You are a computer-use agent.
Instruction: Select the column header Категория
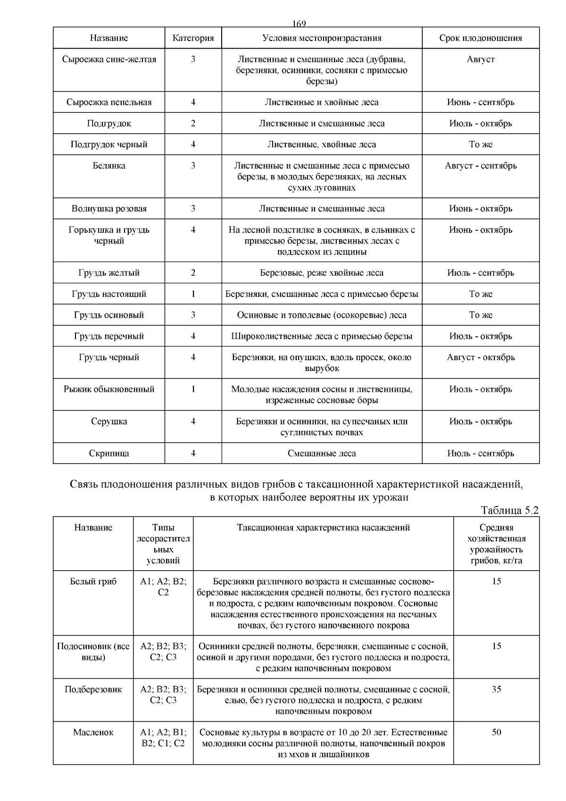(x=193, y=38)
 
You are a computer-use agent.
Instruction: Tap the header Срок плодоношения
(x=481, y=38)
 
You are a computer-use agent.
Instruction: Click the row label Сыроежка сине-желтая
(x=109, y=59)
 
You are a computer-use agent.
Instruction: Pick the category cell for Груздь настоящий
(x=193, y=294)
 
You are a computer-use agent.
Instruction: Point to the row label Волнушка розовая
(x=109, y=209)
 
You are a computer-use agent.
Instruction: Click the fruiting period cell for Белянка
(x=481, y=166)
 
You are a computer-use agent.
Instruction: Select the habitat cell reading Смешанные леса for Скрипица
(x=322, y=454)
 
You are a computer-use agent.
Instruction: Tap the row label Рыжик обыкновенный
(x=109, y=389)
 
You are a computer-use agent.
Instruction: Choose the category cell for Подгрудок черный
(x=193, y=144)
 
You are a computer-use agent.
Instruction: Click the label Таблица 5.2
(x=509, y=510)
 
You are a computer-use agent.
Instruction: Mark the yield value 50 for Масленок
(x=496, y=732)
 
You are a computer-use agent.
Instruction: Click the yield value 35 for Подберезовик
(x=496, y=689)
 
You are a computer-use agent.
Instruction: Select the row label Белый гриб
(x=93, y=582)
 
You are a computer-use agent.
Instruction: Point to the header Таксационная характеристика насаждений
(x=323, y=528)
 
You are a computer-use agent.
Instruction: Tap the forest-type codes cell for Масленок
(x=163, y=738)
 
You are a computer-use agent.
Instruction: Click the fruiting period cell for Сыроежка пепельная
(x=481, y=102)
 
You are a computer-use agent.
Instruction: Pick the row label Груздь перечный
(x=109, y=337)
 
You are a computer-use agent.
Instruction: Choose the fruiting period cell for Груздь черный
(x=481, y=357)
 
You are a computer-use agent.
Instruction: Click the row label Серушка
(x=109, y=422)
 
